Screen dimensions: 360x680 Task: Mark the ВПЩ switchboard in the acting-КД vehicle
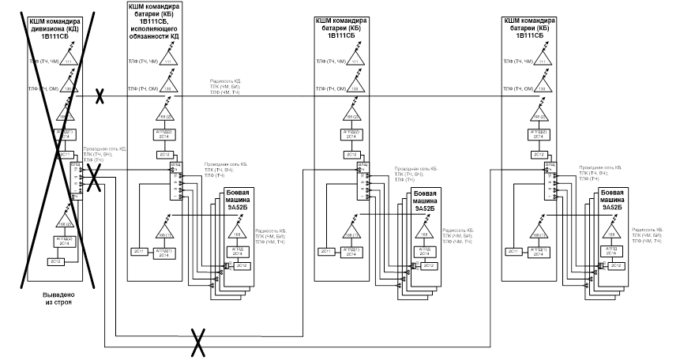[x=173, y=182]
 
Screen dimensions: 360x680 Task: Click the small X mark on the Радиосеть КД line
[x=100, y=97]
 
